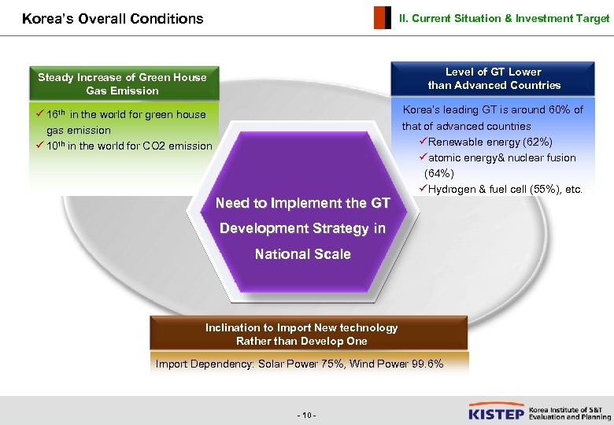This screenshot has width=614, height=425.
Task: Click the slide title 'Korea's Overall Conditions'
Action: tap(113, 18)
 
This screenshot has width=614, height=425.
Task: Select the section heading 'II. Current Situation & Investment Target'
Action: tap(504, 18)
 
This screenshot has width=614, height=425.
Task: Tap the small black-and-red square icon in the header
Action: tap(382, 17)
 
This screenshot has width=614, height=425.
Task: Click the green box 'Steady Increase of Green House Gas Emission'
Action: tap(122, 83)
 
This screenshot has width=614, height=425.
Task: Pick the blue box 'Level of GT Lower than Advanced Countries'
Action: tap(494, 78)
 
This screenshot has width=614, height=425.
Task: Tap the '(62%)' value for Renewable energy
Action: tap(535, 142)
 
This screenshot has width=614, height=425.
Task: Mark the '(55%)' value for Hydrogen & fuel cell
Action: tap(537, 189)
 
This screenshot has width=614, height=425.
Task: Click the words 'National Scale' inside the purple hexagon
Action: tap(302, 254)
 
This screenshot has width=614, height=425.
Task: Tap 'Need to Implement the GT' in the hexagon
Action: tap(302, 203)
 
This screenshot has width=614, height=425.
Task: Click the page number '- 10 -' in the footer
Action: tap(306, 414)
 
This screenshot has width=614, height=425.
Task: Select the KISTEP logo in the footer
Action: tap(496, 412)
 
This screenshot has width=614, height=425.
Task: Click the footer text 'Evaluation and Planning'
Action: tap(570, 417)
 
